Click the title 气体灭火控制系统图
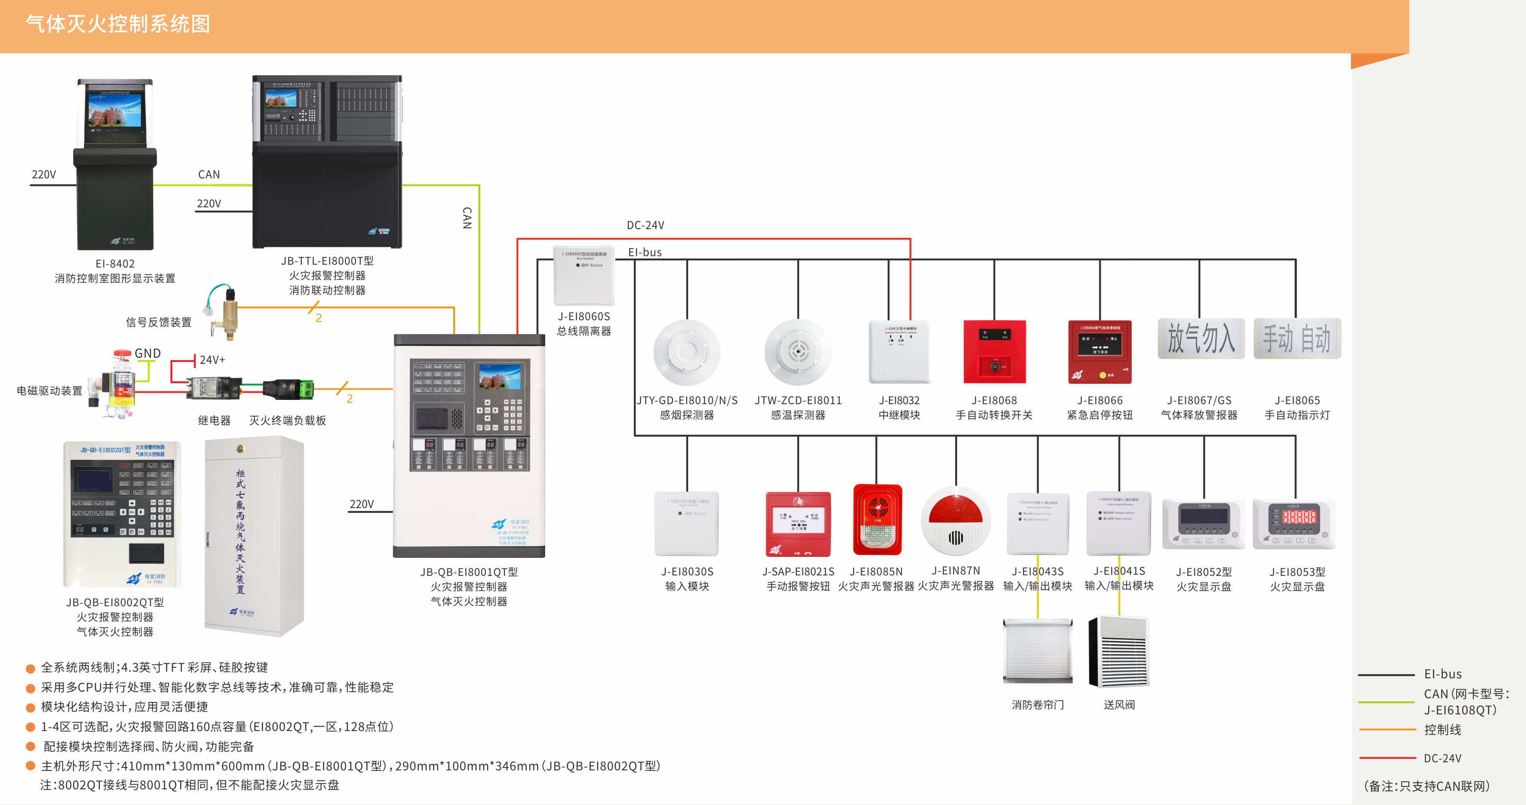(118, 24)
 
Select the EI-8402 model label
(115, 264)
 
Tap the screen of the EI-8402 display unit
(115, 110)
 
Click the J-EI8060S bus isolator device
(584, 275)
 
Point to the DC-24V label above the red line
(645, 225)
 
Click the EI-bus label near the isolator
(644, 252)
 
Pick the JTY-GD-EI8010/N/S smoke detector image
(687, 352)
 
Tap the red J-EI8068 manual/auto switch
(994, 352)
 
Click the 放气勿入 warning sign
(1201, 339)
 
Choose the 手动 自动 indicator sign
(1297, 339)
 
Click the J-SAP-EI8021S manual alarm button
(798, 524)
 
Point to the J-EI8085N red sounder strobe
(877, 519)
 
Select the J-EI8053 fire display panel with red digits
(1294, 524)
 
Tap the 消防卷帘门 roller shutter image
(1037, 651)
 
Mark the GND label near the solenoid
(148, 353)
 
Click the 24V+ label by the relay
(212, 360)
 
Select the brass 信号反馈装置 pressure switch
(229, 312)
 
